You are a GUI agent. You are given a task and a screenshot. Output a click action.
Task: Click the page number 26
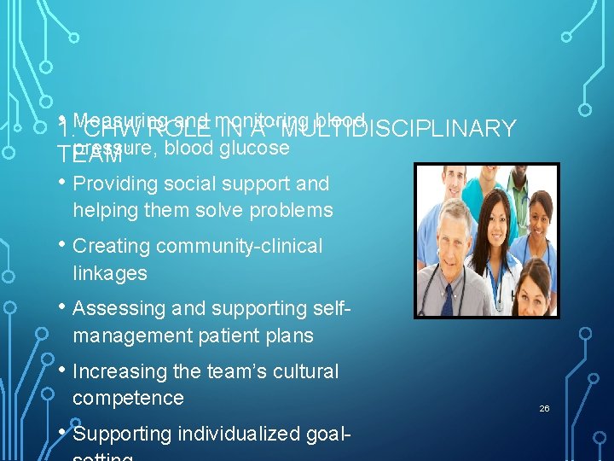544,409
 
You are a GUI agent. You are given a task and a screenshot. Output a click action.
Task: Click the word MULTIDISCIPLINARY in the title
398,130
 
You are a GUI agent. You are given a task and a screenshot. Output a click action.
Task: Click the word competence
128,399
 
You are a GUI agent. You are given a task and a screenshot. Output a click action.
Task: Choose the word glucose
254,148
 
